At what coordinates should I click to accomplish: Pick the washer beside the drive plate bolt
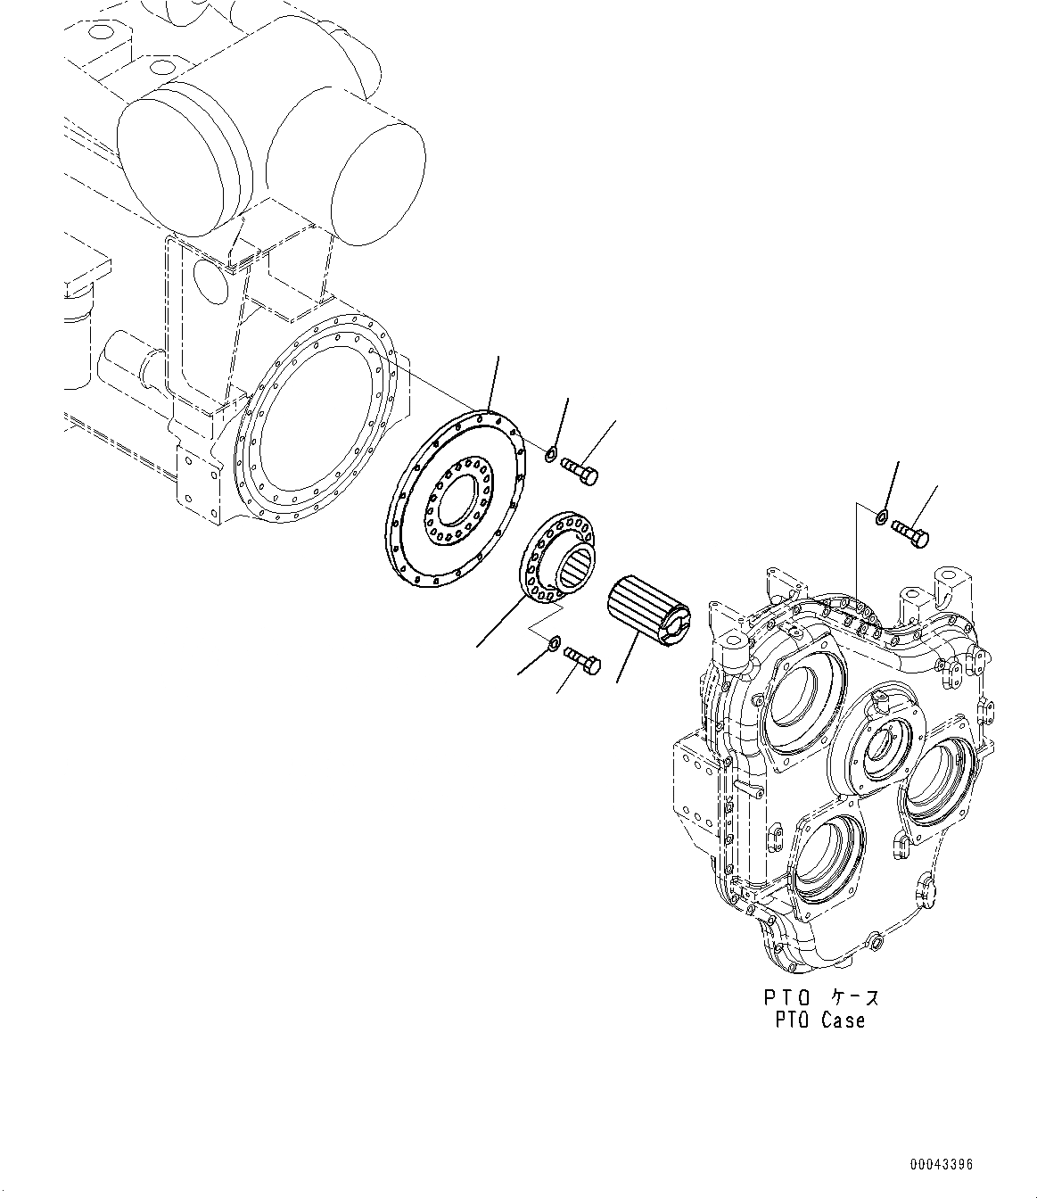[551, 457]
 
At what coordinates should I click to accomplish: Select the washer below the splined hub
[555, 641]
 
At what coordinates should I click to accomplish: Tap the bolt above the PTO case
[910, 533]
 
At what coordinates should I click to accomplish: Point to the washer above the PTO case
[881, 516]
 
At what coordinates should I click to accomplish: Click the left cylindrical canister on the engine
[183, 156]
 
